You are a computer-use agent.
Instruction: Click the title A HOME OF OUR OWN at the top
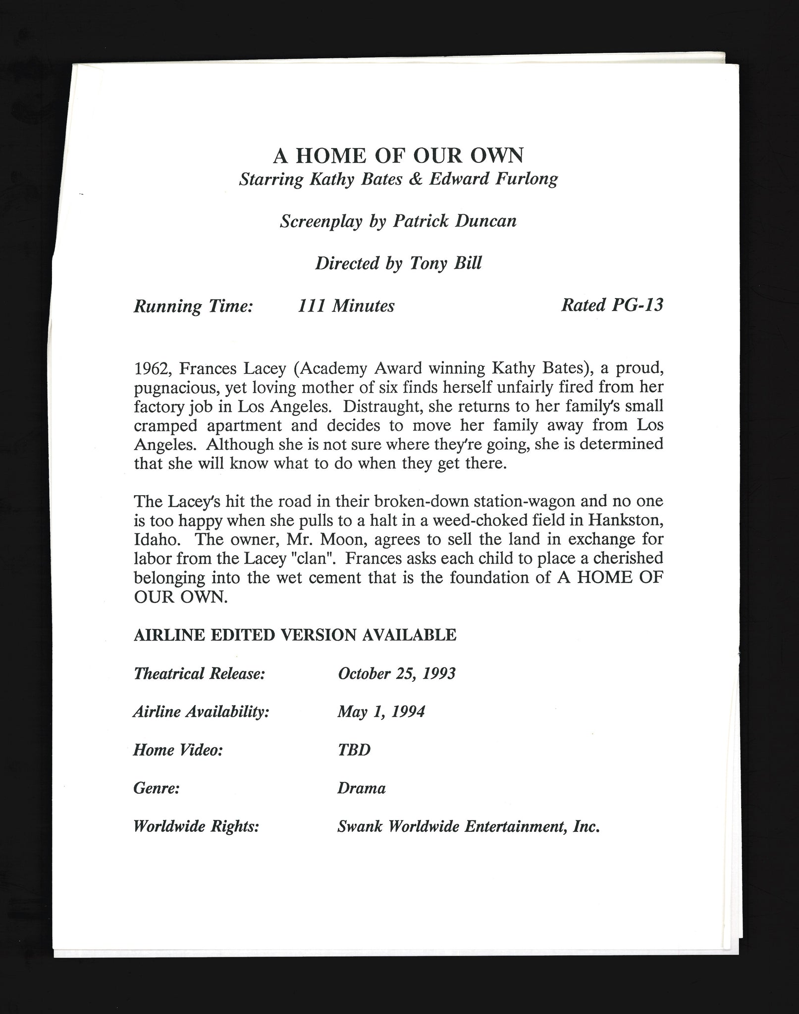(x=398, y=155)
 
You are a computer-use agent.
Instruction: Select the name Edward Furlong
(x=493, y=179)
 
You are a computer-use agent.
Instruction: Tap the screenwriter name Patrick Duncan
(x=455, y=221)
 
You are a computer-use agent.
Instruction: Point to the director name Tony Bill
(x=445, y=263)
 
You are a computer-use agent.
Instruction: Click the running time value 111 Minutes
(x=346, y=306)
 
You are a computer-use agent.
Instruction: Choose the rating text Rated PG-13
(x=612, y=305)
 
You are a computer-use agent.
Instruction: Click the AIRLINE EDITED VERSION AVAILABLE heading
(x=295, y=635)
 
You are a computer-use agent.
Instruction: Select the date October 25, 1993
(x=396, y=674)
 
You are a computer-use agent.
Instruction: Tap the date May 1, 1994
(x=381, y=712)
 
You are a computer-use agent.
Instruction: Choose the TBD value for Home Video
(x=354, y=750)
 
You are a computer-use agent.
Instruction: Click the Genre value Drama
(x=361, y=788)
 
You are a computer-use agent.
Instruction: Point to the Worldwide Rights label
(x=196, y=827)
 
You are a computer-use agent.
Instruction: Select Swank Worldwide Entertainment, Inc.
(x=468, y=827)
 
